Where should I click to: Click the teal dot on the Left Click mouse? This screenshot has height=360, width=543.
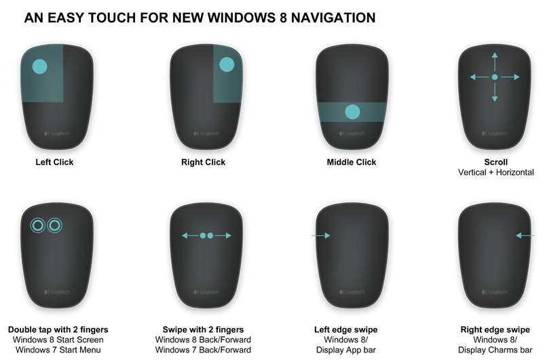tap(39, 67)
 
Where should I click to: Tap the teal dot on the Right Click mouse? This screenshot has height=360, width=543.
tap(227, 65)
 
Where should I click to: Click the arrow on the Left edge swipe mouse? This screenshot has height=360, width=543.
tap(320, 236)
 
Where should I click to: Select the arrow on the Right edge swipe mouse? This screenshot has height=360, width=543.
tap(525, 236)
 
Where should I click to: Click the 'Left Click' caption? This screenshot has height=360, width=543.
tap(54, 162)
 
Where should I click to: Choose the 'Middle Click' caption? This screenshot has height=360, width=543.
tap(352, 162)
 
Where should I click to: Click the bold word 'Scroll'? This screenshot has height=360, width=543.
tap(495, 162)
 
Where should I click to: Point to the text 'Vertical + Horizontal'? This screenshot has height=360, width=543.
tap(495, 173)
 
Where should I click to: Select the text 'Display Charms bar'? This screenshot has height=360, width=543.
tap(495, 350)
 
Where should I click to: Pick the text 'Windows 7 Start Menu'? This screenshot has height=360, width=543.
tap(54, 350)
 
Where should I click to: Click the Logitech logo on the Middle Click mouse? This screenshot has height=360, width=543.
tap(352, 133)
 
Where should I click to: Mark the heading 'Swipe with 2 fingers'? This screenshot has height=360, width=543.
tap(203, 329)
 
